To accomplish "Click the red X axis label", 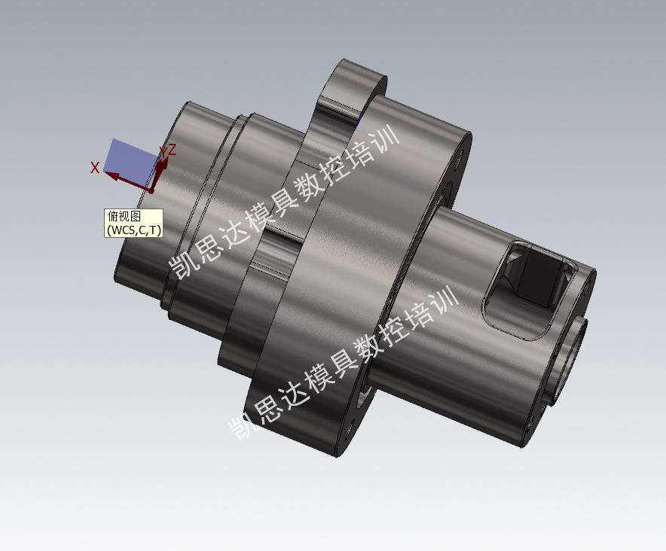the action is [95, 168].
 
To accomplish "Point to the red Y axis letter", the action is [163, 151].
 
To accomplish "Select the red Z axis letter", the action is [172, 150].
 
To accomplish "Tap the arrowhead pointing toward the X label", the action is [112, 175].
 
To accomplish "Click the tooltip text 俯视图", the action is [124, 217].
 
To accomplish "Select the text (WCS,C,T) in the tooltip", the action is [134, 230].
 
